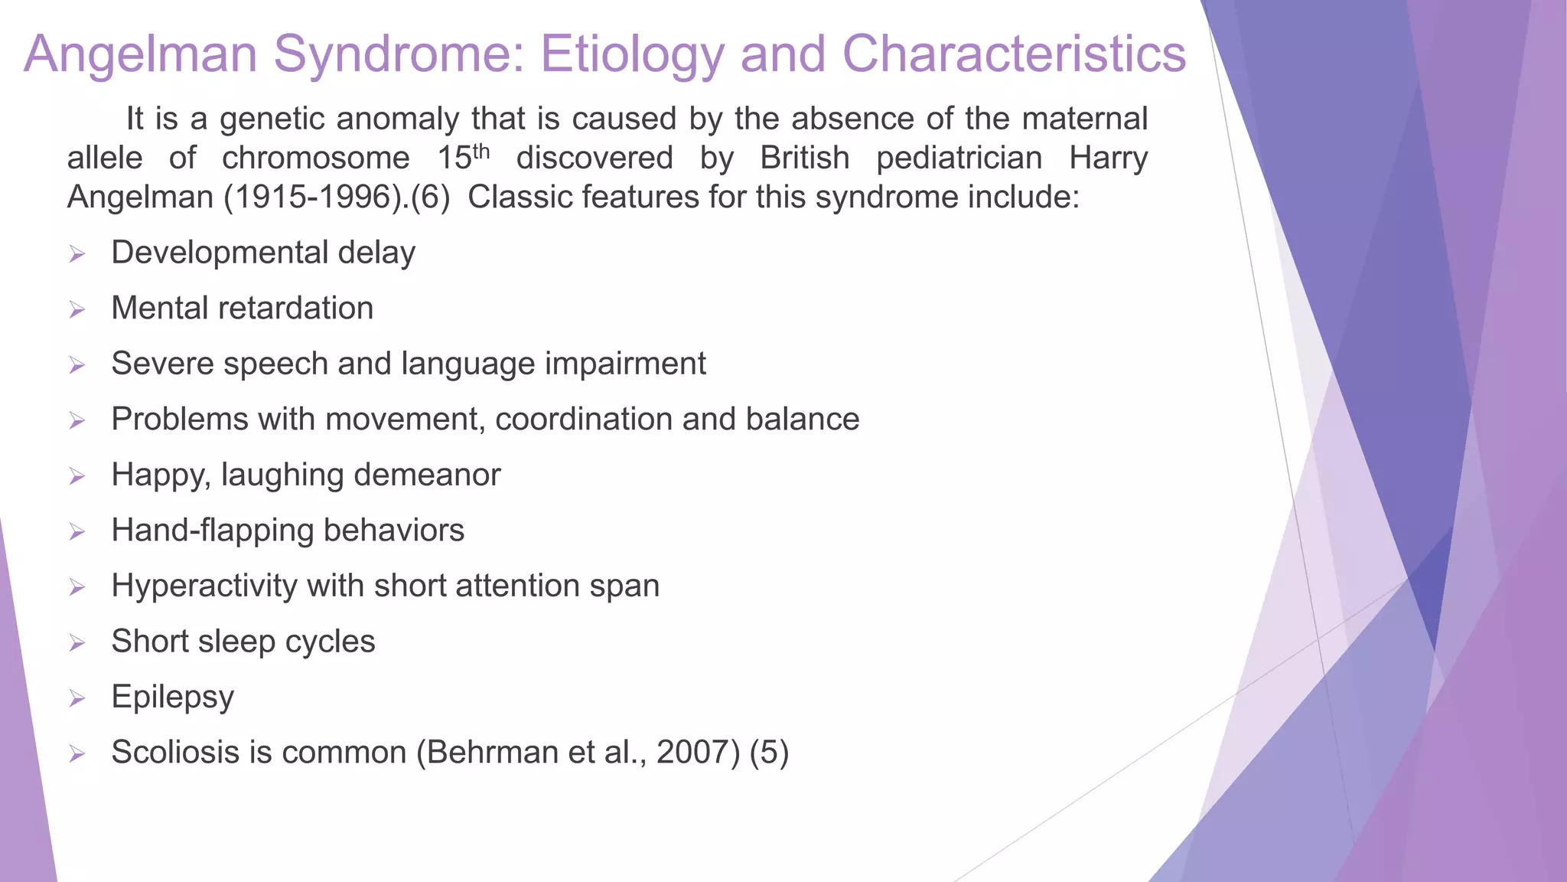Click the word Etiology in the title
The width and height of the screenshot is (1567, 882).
(x=631, y=55)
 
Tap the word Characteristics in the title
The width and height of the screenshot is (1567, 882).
(x=1014, y=55)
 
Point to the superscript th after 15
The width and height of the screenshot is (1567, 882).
(x=481, y=151)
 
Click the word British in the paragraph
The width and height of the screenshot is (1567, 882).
(x=804, y=158)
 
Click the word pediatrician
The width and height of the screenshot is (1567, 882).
(x=959, y=158)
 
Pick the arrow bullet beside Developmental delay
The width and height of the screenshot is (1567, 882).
(x=77, y=254)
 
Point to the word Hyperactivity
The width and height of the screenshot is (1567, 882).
(x=204, y=586)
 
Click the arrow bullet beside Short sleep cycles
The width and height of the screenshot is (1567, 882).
(x=77, y=643)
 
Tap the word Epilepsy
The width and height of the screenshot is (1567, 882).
(x=172, y=697)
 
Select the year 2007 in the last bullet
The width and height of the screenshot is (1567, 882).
(x=698, y=753)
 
